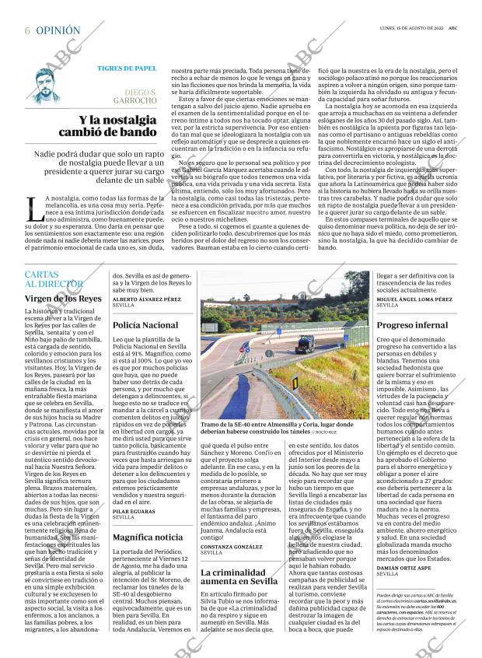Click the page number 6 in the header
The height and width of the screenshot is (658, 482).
tap(27, 30)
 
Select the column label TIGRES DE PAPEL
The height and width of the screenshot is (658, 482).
tap(126, 68)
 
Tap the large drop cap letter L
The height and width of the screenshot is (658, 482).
tap(33, 209)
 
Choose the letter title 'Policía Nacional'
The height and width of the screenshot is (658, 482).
tap(145, 324)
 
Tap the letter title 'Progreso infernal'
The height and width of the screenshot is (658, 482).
tap(412, 324)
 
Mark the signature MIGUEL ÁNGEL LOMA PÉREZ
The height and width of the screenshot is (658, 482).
tap(414, 299)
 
